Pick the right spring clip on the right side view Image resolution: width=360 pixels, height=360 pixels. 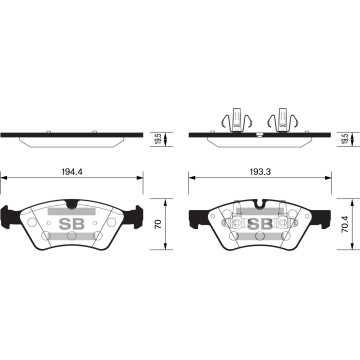coord(284,118)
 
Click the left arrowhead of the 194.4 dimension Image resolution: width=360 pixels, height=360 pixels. coord(5,179)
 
